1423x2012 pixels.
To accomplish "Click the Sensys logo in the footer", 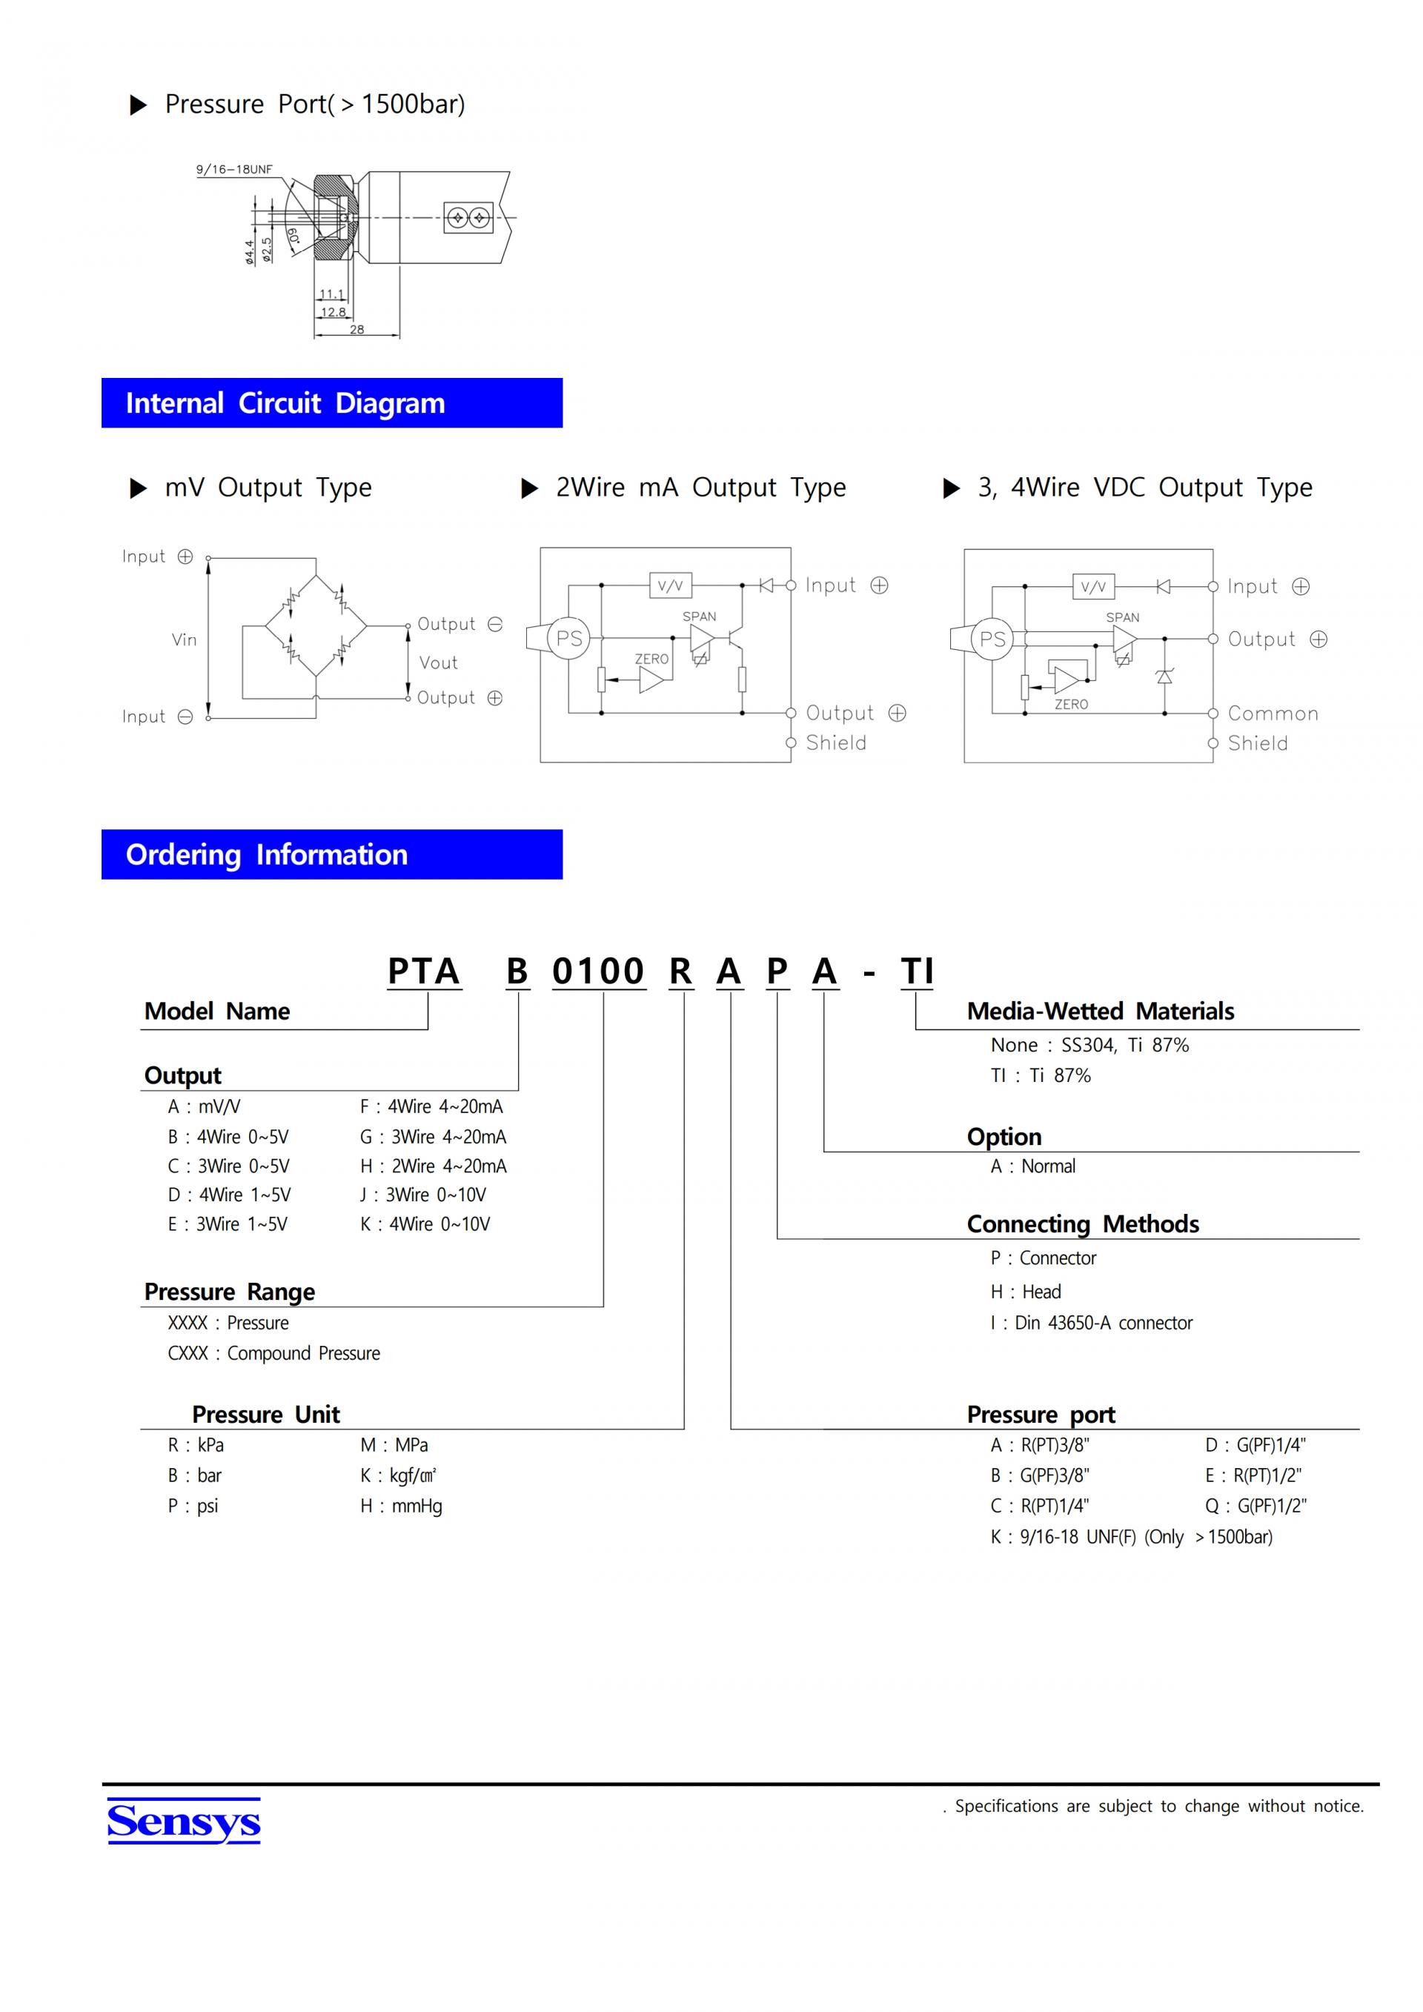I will [x=184, y=1822].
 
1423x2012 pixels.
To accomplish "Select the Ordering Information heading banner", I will [x=331, y=854].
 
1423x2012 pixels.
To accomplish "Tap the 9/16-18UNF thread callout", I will [x=234, y=169].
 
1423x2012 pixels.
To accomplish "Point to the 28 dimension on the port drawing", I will [x=356, y=330].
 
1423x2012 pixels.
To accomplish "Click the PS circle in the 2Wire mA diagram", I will [x=568, y=639].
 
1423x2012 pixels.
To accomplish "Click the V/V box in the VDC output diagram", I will [x=1093, y=586].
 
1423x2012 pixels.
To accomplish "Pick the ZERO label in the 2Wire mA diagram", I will [x=651, y=659].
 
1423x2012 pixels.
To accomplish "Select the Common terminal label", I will [x=1273, y=714].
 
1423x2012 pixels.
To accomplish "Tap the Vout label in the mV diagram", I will [x=438, y=663].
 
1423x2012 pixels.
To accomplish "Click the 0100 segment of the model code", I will [x=598, y=971].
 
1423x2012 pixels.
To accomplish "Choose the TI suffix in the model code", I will [x=918, y=971].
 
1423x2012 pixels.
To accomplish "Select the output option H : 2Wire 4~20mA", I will [x=433, y=1166].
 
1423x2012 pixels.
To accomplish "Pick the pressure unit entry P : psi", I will [x=193, y=1506].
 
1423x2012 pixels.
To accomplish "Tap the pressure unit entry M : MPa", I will [x=394, y=1444].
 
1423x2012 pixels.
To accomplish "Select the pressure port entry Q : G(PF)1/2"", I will [x=1256, y=1506].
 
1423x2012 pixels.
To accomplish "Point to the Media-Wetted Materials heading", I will [x=1101, y=1012].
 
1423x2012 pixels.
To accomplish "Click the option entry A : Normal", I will [x=1033, y=1166].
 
